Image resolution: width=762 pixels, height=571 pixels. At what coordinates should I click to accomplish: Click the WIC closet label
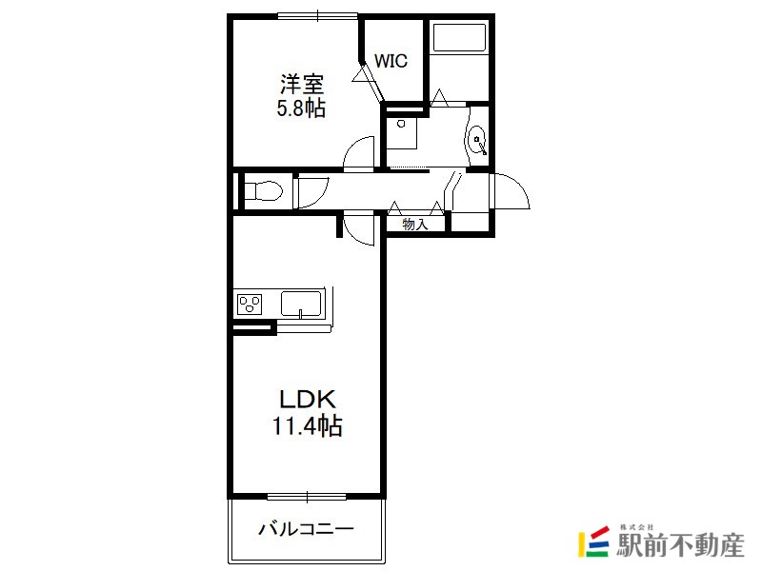coord(391,61)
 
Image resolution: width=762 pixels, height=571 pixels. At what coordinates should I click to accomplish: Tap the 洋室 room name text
coord(302,85)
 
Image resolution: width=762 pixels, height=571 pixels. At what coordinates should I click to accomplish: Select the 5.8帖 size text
coord(301,108)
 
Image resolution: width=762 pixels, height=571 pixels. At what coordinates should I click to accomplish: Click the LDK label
coord(307,399)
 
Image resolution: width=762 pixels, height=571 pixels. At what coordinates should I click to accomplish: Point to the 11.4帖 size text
coord(307,425)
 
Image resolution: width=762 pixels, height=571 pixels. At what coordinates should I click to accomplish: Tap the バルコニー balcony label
coord(306,528)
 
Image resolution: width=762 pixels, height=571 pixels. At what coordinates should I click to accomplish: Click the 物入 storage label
coord(415,225)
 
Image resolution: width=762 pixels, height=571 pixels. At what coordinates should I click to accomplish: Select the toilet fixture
coord(263,190)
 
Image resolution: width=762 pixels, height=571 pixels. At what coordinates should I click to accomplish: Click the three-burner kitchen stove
coord(250,305)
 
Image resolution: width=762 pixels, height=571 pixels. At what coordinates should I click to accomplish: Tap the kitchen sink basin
coord(301,304)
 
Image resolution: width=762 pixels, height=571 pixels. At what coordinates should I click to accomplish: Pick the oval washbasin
coord(477,140)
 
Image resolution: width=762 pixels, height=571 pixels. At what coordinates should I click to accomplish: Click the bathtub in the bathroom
coord(459,37)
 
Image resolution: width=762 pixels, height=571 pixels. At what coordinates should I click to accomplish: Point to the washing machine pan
coord(402,132)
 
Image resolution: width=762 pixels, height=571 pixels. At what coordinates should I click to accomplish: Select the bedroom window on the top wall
coord(318,16)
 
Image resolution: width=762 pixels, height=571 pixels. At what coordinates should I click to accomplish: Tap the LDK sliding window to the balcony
coord(307,497)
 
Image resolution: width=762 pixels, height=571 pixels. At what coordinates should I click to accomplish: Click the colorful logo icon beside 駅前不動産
coord(593,541)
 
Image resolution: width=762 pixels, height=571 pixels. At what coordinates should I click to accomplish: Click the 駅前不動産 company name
coord(680,544)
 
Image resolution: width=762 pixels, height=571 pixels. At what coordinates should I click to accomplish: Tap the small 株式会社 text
coord(636,527)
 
